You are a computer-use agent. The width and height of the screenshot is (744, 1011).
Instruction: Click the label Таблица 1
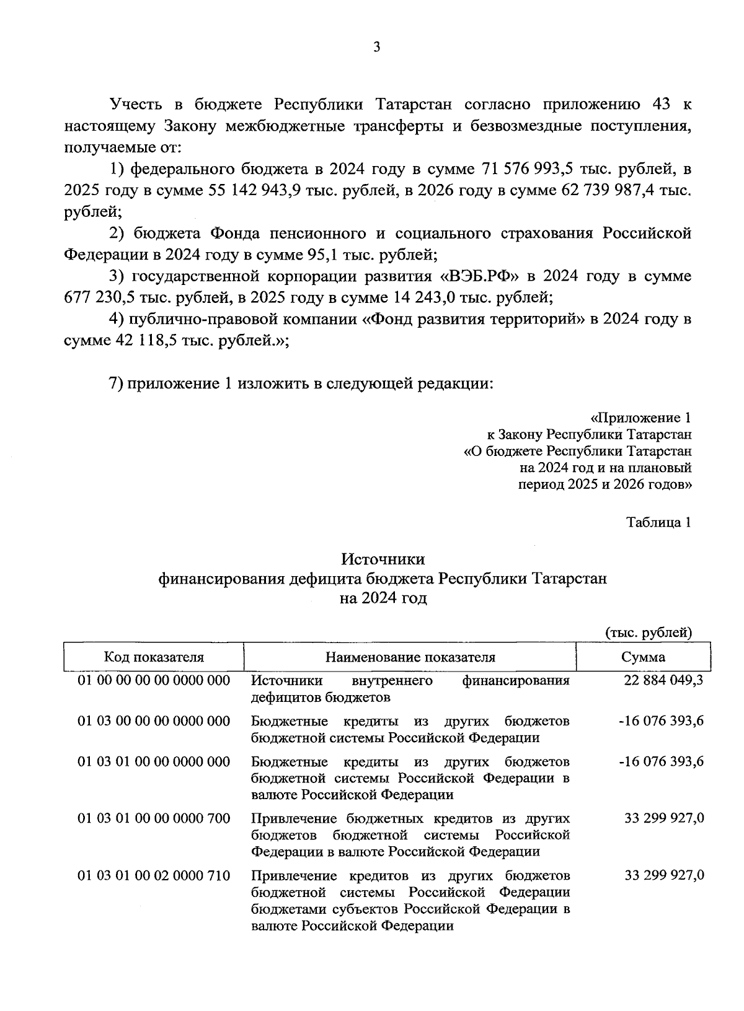[x=658, y=522]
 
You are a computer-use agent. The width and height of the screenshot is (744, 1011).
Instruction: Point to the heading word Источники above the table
[x=383, y=559]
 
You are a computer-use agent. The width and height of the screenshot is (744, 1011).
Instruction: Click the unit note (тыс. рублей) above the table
[x=649, y=632]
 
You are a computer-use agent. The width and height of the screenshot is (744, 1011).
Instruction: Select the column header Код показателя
[x=154, y=657]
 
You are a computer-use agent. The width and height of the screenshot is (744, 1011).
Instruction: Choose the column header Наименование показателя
[x=410, y=657]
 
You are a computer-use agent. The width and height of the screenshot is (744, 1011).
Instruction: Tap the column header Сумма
[x=643, y=657]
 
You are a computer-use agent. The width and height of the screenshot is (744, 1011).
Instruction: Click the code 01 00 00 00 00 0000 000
[x=154, y=681]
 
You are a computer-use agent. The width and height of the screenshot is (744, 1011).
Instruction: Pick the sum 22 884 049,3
[x=663, y=681]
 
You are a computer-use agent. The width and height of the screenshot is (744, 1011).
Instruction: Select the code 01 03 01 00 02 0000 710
[x=154, y=876]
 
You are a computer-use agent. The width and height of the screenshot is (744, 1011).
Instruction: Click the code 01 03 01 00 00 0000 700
[x=154, y=819]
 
